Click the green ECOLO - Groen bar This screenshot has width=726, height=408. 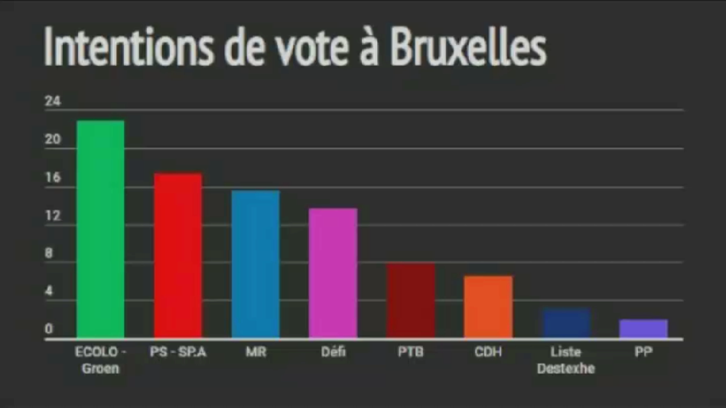point(100,229)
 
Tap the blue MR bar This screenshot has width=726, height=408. point(256,264)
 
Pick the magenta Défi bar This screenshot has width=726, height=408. point(333,273)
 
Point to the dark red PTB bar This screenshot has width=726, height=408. point(411,300)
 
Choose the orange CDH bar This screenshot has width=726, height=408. point(488,306)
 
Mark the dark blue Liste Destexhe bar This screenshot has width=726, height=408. point(566,323)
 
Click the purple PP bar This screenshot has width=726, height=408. point(643,328)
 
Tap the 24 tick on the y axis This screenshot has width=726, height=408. point(52,102)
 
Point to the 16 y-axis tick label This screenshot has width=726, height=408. point(52,178)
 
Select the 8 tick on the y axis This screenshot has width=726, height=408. point(49,253)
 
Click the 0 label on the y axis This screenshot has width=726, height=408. point(49,329)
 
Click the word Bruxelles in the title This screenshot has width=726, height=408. point(467,47)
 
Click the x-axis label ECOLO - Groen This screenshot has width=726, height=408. point(100,360)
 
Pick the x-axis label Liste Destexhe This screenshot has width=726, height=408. point(566,360)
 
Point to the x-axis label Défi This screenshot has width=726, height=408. point(333,352)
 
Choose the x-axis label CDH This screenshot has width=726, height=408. point(488,352)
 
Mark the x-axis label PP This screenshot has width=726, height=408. point(643,352)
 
